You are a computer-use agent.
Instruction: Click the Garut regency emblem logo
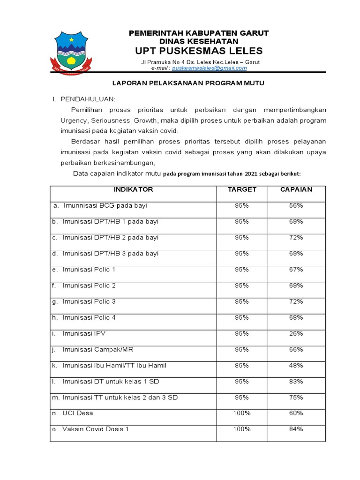click(72, 52)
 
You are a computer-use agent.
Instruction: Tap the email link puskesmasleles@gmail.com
click(209, 68)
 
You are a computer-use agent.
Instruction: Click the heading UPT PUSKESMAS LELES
click(199, 51)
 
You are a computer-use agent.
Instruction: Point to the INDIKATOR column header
click(133, 190)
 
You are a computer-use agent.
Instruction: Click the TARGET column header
click(242, 190)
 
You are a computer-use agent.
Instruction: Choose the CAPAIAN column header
click(296, 190)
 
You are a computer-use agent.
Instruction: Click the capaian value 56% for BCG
click(296, 206)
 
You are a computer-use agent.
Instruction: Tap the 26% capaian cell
click(296, 333)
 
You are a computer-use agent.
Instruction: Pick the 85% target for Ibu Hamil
click(242, 365)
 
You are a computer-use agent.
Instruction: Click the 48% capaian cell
click(296, 365)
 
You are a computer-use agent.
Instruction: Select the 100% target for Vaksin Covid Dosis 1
click(242, 429)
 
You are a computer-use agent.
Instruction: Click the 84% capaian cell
click(296, 429)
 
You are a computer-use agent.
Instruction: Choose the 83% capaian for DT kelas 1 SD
click(296, 381)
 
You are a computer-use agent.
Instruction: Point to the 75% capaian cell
click(296, 397)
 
